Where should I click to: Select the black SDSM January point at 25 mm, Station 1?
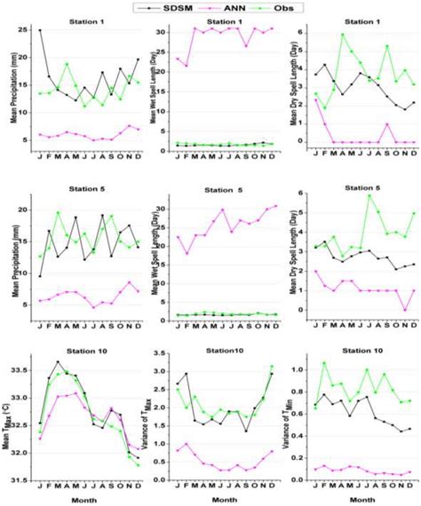(x=40, y=30)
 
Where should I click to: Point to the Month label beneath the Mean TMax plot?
(x=82, y=499)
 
